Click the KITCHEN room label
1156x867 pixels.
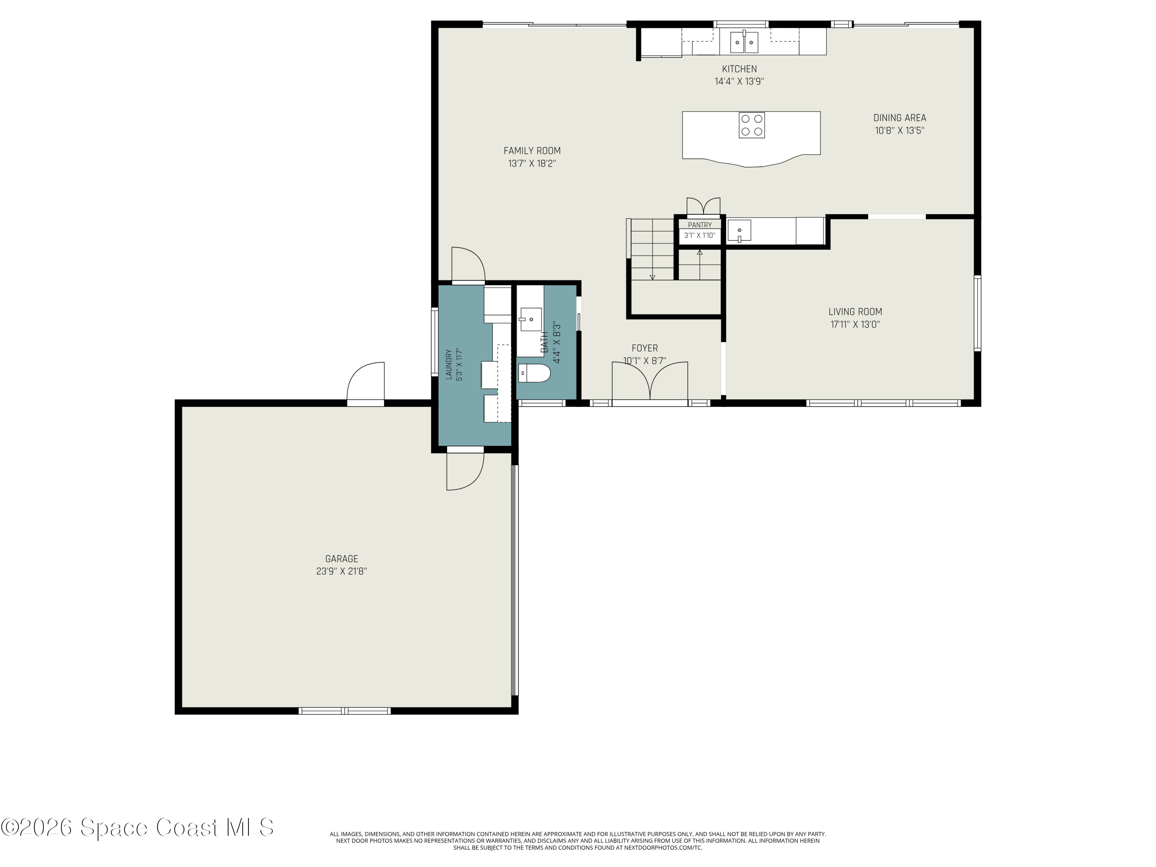tap(739, 69)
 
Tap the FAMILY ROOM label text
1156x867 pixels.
tap(532, 151)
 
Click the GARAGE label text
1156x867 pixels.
tap(342, 559)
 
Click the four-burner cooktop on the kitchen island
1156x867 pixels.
tap(751, 125)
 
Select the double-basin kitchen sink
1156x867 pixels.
tap(744, 42)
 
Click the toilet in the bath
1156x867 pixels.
tap(534, 373)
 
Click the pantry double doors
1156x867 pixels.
tap(703, 207)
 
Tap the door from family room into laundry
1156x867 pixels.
tap(468, 265)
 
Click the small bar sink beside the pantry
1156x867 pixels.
tap(739, 231)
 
